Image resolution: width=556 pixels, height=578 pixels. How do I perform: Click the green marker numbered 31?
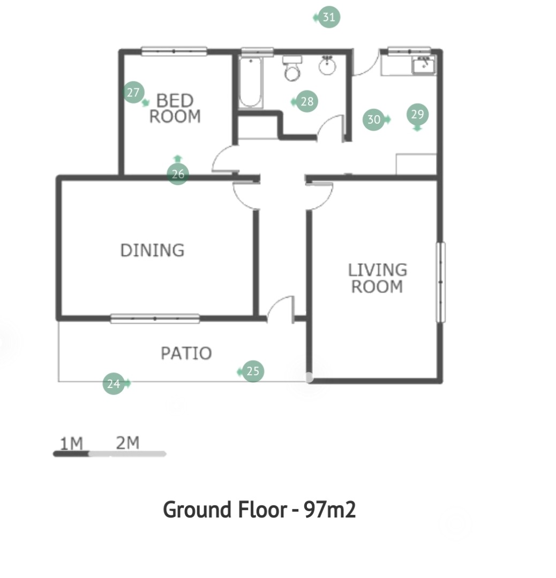(328, 17)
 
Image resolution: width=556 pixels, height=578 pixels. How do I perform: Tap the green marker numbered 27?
(133, 92)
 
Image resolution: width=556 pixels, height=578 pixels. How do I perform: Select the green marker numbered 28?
(306, 101)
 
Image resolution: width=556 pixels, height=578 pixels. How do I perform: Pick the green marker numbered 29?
(418, 115)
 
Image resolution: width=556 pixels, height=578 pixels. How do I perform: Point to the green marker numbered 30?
(374, 119)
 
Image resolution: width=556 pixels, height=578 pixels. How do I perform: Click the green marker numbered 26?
(178, 173)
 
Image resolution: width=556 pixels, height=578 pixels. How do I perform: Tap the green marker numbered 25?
(253, 371)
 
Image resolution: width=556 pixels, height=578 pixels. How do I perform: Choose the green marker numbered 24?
(114, 384)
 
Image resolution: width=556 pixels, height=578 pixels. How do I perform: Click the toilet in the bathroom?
(292, 68)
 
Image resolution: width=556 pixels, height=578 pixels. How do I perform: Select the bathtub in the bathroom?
(251, 82)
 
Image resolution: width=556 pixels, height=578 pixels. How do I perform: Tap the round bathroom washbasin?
(327, 66)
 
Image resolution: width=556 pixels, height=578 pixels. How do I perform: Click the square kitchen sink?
(424, 66)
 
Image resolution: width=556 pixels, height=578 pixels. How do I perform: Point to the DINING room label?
(152, 250)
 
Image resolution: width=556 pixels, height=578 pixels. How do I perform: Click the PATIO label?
(186, 354)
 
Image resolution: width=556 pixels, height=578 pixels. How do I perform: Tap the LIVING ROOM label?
(378, 278)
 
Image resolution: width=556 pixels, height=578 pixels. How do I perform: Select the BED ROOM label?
(175, 108)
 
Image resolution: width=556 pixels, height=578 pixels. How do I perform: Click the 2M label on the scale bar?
(127, 443)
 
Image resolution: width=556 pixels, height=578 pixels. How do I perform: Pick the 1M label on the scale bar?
(71, 444)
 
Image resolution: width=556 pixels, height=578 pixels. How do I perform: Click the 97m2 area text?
(330, 510)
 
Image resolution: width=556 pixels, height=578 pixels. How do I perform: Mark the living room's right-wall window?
(440, 283)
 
